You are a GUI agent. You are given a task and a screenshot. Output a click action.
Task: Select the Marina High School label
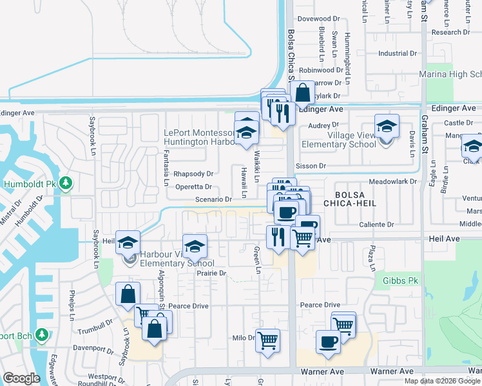pos(452,75)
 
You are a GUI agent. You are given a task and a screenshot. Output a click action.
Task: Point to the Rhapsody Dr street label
pos(193,174)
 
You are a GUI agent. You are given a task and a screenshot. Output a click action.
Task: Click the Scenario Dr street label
pos(213,199)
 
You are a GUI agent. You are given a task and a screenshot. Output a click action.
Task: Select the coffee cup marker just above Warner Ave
pos(328,341)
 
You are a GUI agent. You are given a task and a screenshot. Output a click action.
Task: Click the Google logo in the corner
pos(21,378)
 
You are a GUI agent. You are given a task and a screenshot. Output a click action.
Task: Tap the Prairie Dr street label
pos(212,273)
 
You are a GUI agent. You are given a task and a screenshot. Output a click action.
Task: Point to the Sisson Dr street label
pos(311,166)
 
